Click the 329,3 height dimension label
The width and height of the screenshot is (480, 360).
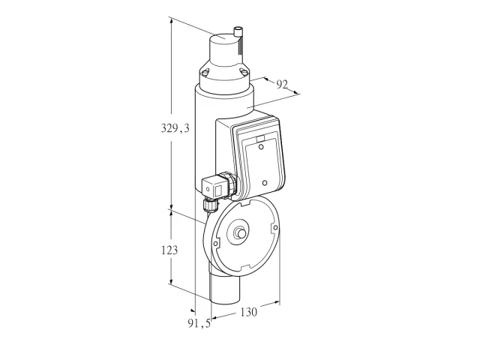click(x=175, y=128)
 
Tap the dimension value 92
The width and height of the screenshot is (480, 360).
click(x=282, y=85)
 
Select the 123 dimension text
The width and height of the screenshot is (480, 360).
click(x=169, y=250)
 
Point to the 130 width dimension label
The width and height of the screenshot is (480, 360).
click(x=248, y=312)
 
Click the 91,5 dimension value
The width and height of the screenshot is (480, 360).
click(x=199, y=323)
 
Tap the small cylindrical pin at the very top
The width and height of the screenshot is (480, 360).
click(x=238, y=31)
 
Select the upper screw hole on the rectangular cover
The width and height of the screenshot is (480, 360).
click(x=261, y=147)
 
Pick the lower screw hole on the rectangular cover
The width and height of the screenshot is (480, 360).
click(x=265, y=183)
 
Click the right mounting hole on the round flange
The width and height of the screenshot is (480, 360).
click(x=275, y=227)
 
